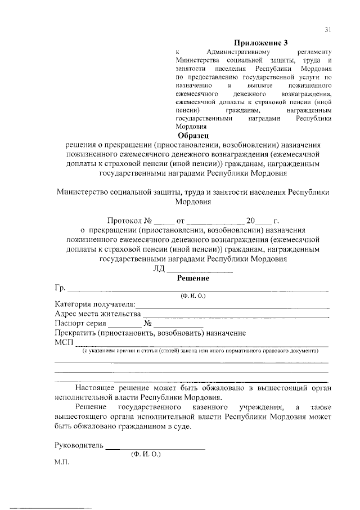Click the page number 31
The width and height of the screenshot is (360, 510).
click(x=328, y=30)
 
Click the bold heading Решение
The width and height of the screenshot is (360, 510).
click(x=193, y=278)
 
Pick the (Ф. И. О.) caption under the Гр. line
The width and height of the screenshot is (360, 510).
click(x=193, y=296)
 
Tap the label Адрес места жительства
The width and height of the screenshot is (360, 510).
click(x=97, y=314)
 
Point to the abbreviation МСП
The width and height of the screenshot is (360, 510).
click(x=64, y=343)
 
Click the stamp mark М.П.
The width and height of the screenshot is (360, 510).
click(x=61, y=466)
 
